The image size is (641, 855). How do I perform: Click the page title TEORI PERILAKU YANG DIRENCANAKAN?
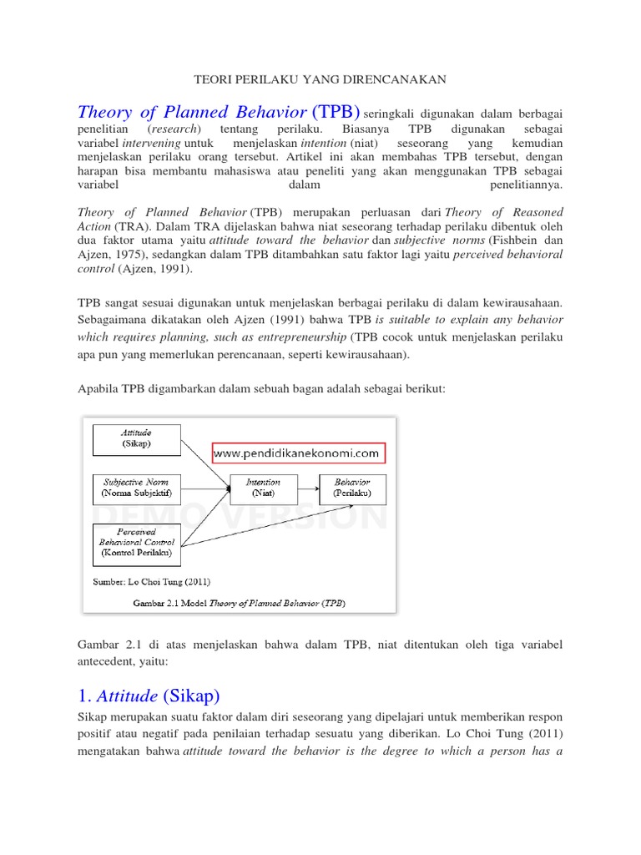point(320,79)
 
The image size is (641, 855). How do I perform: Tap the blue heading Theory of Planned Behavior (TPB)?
point(219,112)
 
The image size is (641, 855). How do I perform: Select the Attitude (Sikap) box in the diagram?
point(136,439)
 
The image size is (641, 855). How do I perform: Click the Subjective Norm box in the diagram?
point(136,488)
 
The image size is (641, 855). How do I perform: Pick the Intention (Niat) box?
point(263,488)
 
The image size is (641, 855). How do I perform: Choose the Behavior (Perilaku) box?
point(352,488)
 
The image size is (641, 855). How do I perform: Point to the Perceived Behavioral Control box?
point(136,541)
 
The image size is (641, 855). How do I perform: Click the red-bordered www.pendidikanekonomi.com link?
point(297,453)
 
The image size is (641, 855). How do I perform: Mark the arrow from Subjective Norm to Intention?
point(204,488)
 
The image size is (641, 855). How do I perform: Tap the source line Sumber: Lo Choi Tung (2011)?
point(150,581)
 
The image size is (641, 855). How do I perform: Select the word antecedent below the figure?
point(107,660)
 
